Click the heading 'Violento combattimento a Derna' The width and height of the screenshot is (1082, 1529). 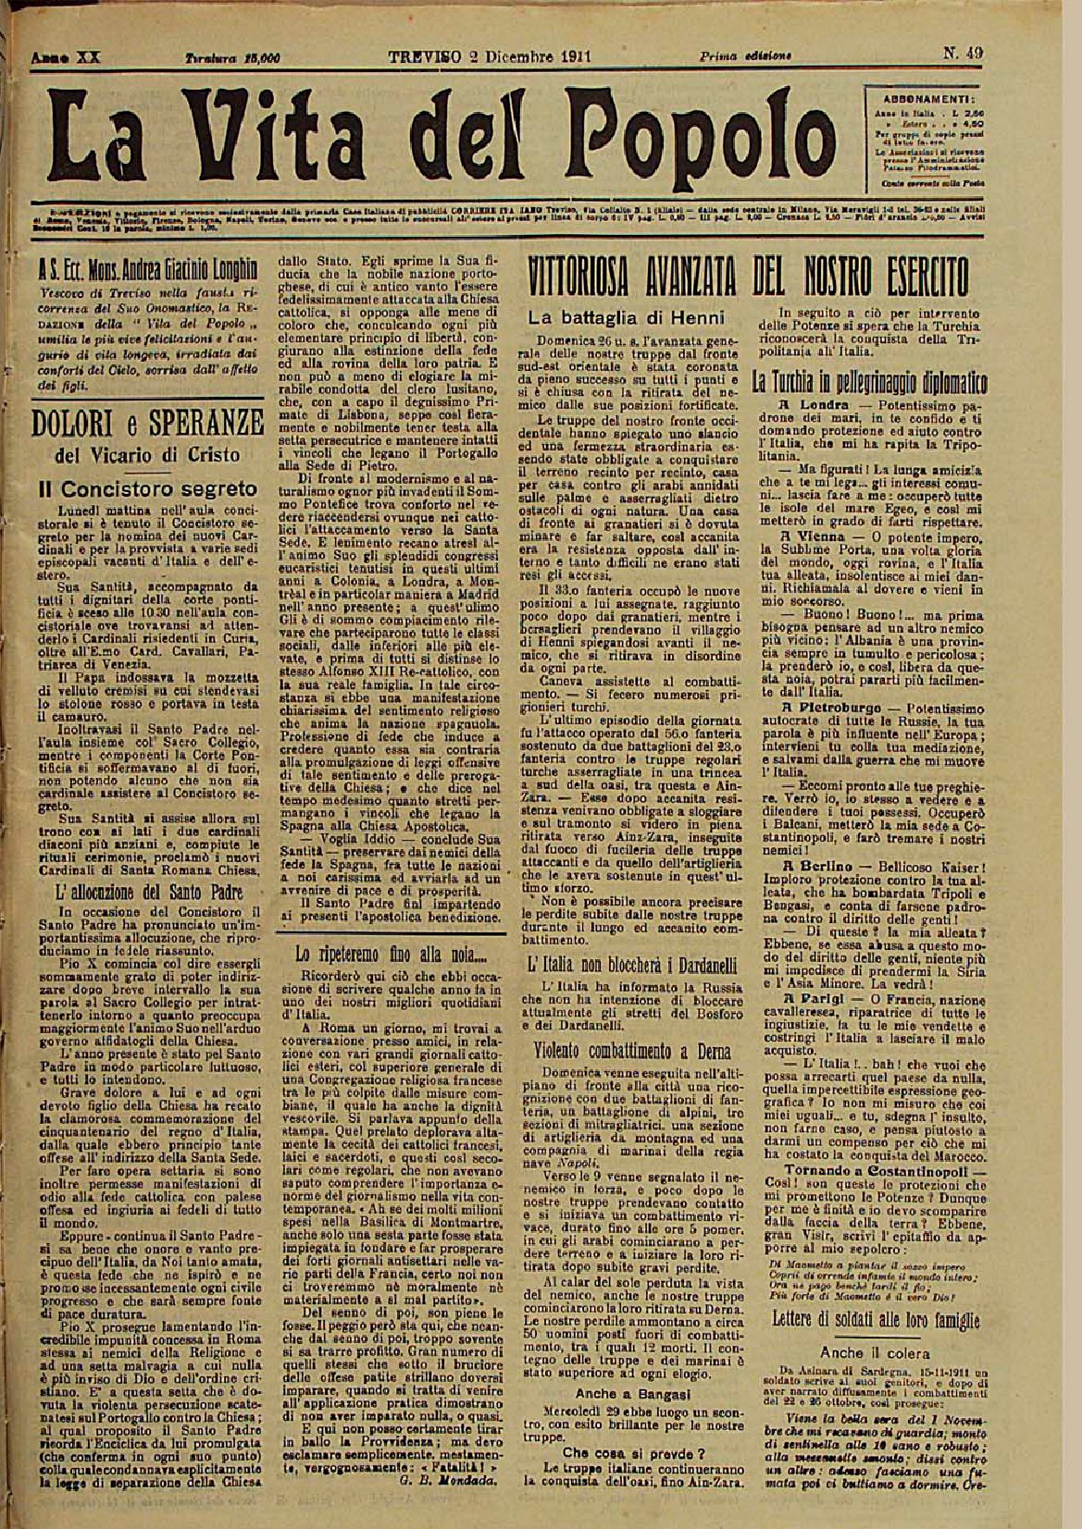[x=632, y=1052]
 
